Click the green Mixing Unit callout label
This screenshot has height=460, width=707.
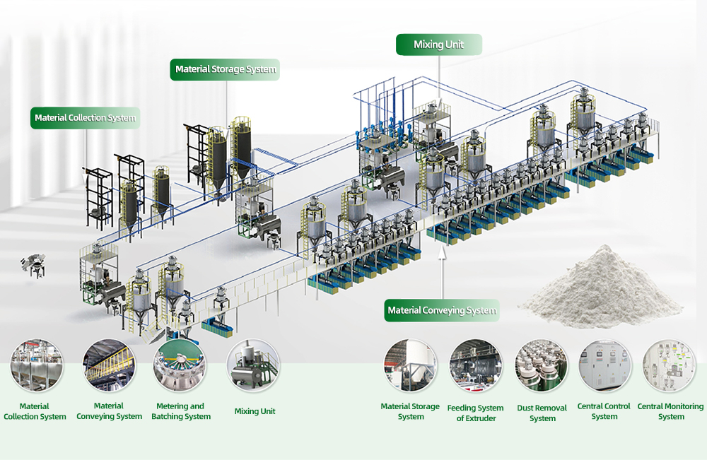click(x=438, y=45)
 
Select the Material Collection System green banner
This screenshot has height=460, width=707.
click(x=85, y=117)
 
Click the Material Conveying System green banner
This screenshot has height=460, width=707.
click(x=442, y=310)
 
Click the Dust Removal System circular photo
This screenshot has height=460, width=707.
click(x=542, y=366)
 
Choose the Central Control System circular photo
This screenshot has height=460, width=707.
click(x=604, y=366)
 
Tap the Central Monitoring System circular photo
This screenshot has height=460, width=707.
click(x=669, y=366)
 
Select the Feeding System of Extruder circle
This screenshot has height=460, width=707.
click(x=476, y=366)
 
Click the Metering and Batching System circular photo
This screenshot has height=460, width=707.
click(x=180, y=366)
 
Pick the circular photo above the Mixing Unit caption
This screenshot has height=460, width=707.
click(x=253, y=366)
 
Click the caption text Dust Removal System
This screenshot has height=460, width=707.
click(x=542, y=413)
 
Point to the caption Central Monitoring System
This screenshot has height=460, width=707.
click(x=670, y=411)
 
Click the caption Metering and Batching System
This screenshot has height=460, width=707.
click(x=181, y=411)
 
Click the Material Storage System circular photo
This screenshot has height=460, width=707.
click(x=410, y=366)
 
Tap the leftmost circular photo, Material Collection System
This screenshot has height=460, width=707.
click(x=37, y=366)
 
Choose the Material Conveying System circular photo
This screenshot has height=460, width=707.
click(x=109, y=366)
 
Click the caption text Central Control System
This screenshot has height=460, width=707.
click(x=604, y=411)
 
